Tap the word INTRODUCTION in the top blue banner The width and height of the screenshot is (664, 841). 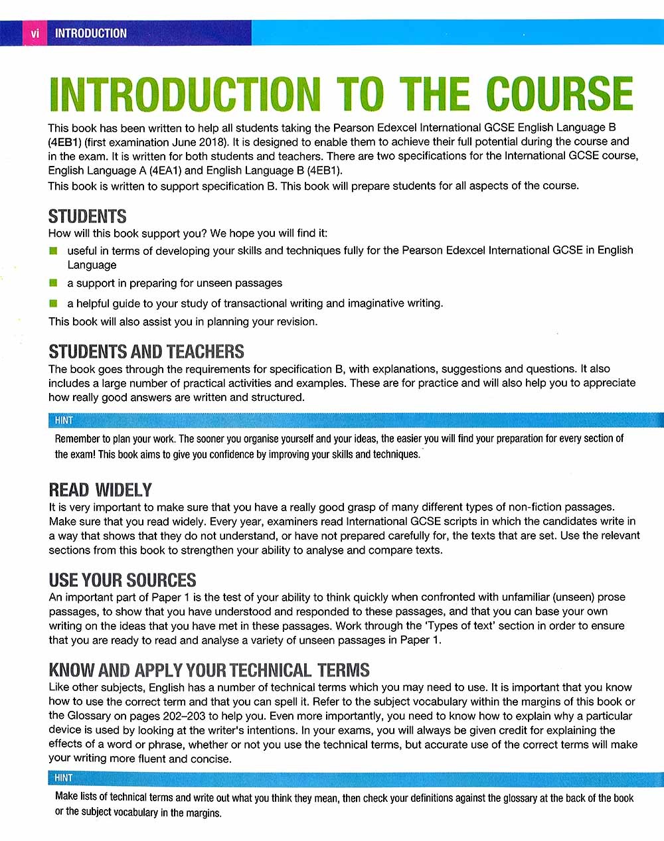click(90, 33)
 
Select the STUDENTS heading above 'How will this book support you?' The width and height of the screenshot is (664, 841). click(87, 216)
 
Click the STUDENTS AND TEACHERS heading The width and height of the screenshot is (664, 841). click(146, 351)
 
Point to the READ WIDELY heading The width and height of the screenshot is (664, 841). click(100, 490)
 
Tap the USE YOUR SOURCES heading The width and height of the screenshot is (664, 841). click(122, 580)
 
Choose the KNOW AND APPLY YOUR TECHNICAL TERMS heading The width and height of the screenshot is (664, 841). click(208, 670)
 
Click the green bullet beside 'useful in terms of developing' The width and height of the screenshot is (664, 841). click(53, 251)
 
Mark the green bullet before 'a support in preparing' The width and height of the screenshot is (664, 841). click(53, 283)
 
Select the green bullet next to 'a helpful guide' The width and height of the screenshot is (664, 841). click(53, 303)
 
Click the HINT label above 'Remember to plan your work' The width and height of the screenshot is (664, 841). click(64, 420)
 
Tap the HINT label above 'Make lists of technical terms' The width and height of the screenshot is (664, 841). click(64, 777)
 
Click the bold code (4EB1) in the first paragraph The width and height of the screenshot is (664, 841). click(64, 142)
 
